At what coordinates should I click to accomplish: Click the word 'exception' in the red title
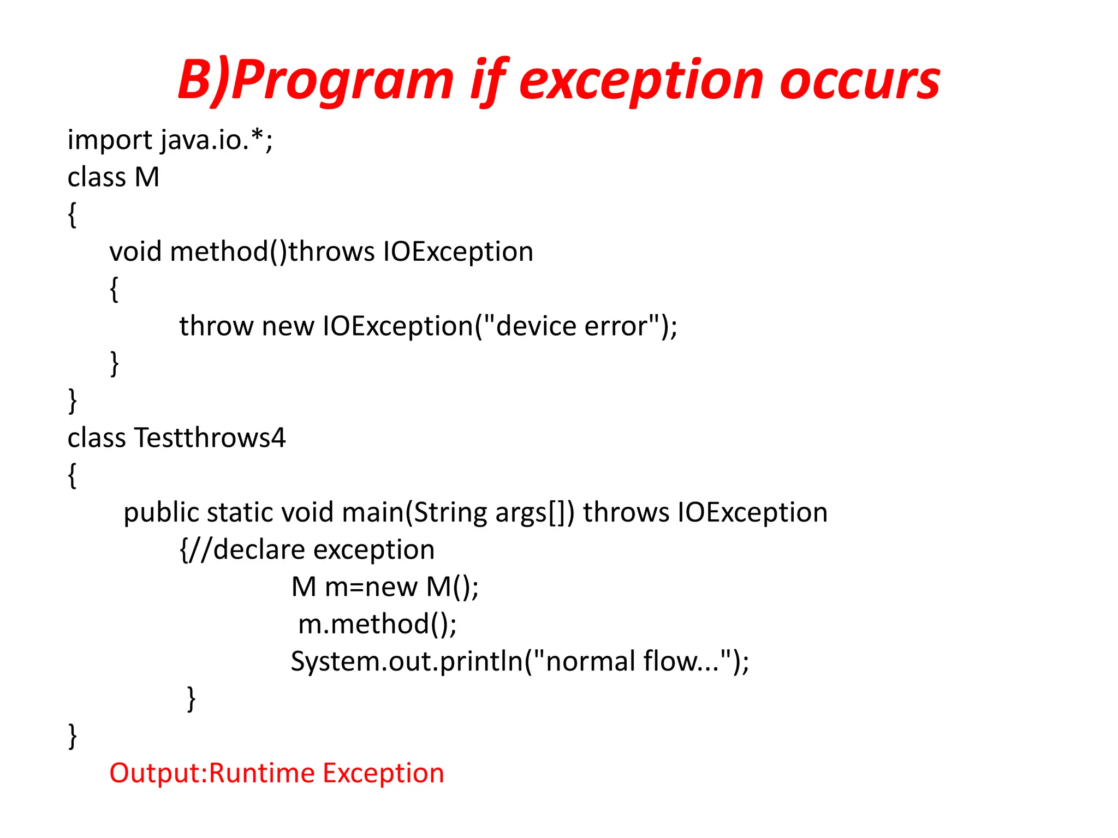[642, 82]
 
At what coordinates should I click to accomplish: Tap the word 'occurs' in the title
[859, 82]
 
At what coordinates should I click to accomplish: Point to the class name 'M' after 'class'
[147, 178]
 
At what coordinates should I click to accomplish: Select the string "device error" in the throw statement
[570, 327]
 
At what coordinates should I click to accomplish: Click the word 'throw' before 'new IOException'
[216, 327]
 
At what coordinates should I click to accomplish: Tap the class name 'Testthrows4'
[210, 439]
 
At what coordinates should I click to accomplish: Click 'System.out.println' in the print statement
[407, 662]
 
